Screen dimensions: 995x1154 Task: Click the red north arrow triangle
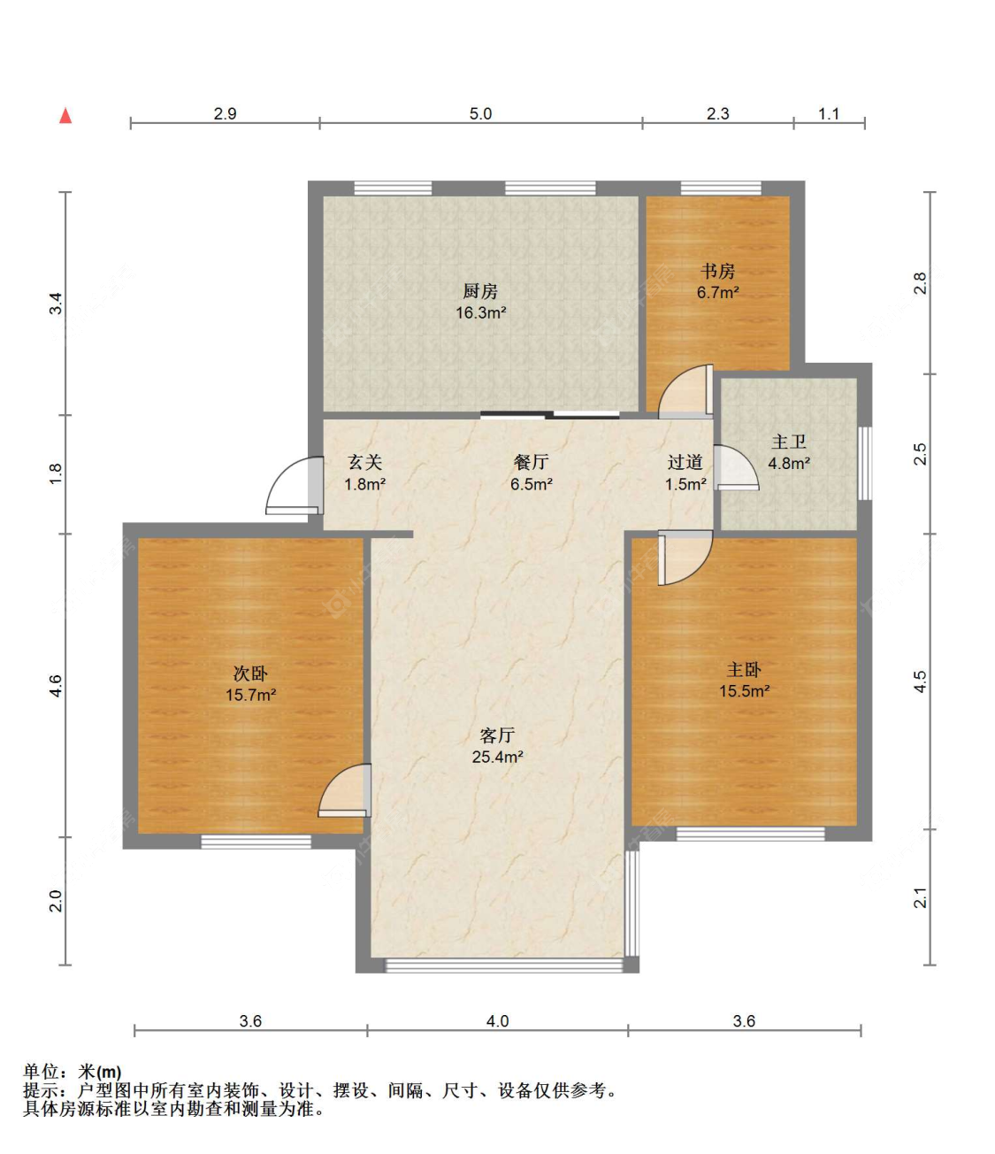[x=65, y=116]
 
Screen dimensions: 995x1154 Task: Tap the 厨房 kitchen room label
[x=480, y=291]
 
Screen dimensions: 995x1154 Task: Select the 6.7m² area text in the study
[x=717, y=292]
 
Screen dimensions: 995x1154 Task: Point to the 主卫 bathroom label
[x=789, y=442]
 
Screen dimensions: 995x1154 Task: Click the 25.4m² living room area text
[x=497, y=757]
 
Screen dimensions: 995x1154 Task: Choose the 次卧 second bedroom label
[x=250, y=673]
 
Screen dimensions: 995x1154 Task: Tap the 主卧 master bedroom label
[x=744, y=669]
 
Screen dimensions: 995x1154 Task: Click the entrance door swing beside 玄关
[x=293, y=485]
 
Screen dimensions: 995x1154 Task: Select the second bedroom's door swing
[x=344, y=790]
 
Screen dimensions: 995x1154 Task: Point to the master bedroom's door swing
[x=685, y=558]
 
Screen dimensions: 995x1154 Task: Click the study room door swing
[x=685, y=391]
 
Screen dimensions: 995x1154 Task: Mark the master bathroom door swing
[x=737, y=467]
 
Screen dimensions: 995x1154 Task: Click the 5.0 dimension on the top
[x=480, y=114]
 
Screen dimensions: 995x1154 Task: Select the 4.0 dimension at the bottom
[x=497, y=1021]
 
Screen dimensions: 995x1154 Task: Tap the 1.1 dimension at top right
[x=829, y=114]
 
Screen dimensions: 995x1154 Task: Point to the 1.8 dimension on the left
[x=57, y=474]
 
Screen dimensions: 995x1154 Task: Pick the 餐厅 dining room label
[x=531, y=462]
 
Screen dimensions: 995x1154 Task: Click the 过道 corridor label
[x=685, y=462]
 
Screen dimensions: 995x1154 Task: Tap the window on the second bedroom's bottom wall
[x=256, y=842]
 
